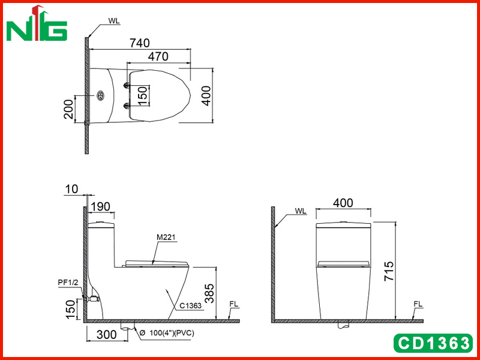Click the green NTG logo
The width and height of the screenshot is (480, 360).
[37, 23]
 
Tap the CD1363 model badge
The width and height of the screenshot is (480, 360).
[433, 343]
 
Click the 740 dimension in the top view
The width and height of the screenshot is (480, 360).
[140, 43]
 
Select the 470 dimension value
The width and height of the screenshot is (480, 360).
[158, 56]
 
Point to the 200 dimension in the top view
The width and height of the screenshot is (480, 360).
[69, 109]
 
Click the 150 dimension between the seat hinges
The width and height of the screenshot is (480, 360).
[143, 95]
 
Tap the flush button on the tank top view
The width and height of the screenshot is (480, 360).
[100, 96]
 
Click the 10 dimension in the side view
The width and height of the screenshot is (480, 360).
[71, 189]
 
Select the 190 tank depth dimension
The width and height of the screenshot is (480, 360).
[100, 207]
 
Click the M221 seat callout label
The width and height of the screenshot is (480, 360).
[166, 237]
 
